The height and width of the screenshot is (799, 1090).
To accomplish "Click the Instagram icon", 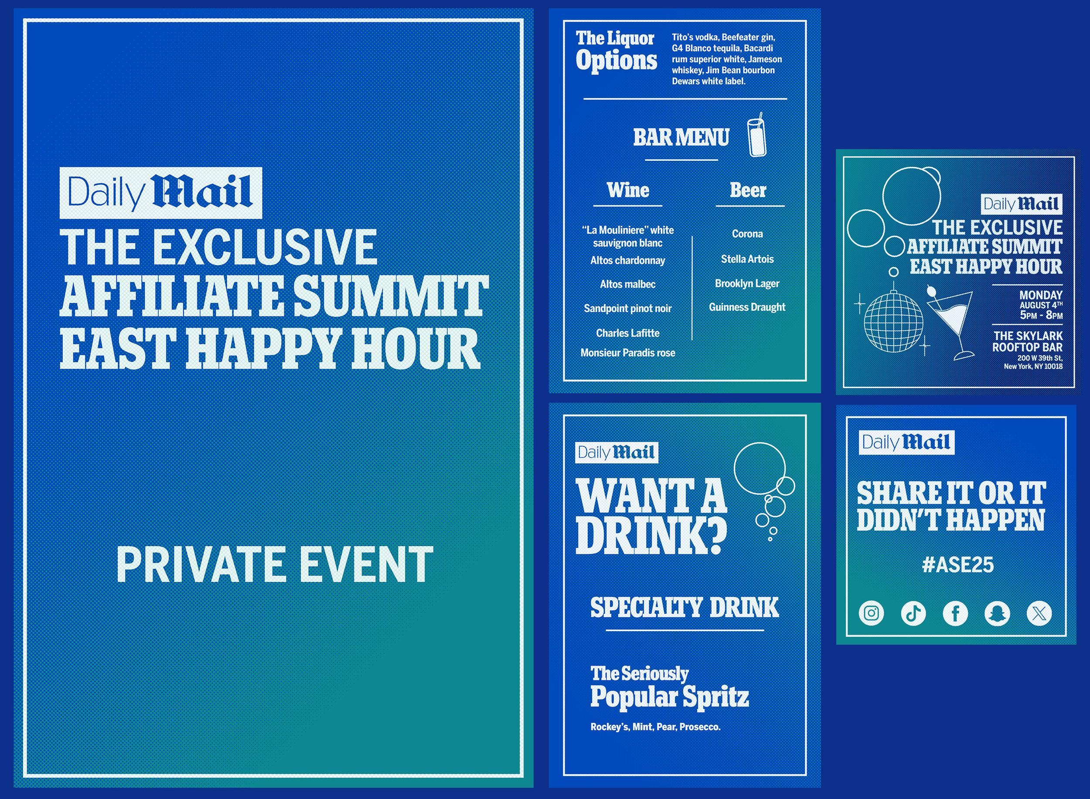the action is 871,613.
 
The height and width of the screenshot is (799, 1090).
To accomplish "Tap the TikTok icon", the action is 913,613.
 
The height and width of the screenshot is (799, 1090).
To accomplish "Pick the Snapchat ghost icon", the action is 997,613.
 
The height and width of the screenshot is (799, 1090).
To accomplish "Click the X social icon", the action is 1039,613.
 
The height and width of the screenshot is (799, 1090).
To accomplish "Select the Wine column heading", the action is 628,190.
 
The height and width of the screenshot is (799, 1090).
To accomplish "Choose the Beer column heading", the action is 748,190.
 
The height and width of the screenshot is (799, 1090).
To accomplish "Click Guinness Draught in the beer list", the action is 747,307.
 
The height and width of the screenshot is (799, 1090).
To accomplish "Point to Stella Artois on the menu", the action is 747,259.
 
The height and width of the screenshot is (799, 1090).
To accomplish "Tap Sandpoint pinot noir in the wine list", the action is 627,308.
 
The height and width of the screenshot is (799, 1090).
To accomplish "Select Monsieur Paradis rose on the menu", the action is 627,353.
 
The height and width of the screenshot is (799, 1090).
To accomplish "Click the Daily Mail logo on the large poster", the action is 160,193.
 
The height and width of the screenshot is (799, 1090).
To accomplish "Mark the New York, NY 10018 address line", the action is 1033,367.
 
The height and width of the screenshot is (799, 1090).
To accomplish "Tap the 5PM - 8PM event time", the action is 1041,315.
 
